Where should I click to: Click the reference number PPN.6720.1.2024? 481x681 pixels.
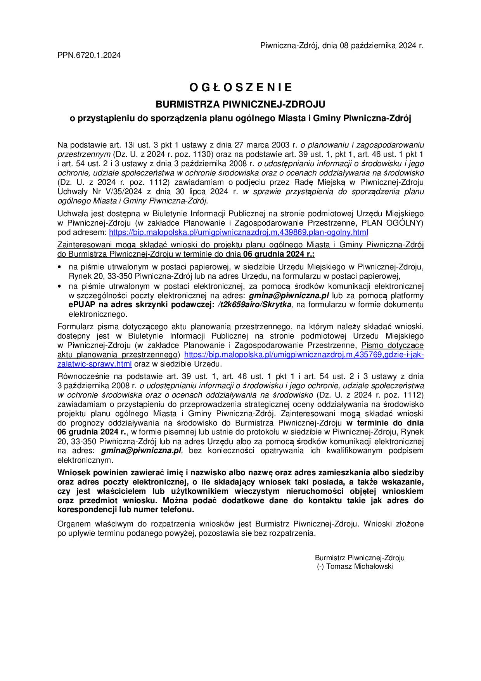89,56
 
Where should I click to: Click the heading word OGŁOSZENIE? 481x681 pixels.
240,88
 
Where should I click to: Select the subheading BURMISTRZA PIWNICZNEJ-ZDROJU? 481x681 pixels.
240,104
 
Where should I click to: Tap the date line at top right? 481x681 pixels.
342,46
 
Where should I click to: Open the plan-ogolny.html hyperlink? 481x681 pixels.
239,233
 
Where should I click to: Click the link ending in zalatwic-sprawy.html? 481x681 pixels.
94,364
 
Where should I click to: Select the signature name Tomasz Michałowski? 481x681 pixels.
359,566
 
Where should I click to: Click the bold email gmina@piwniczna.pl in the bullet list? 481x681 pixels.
289,295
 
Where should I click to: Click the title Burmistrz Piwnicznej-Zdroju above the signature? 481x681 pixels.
360,558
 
